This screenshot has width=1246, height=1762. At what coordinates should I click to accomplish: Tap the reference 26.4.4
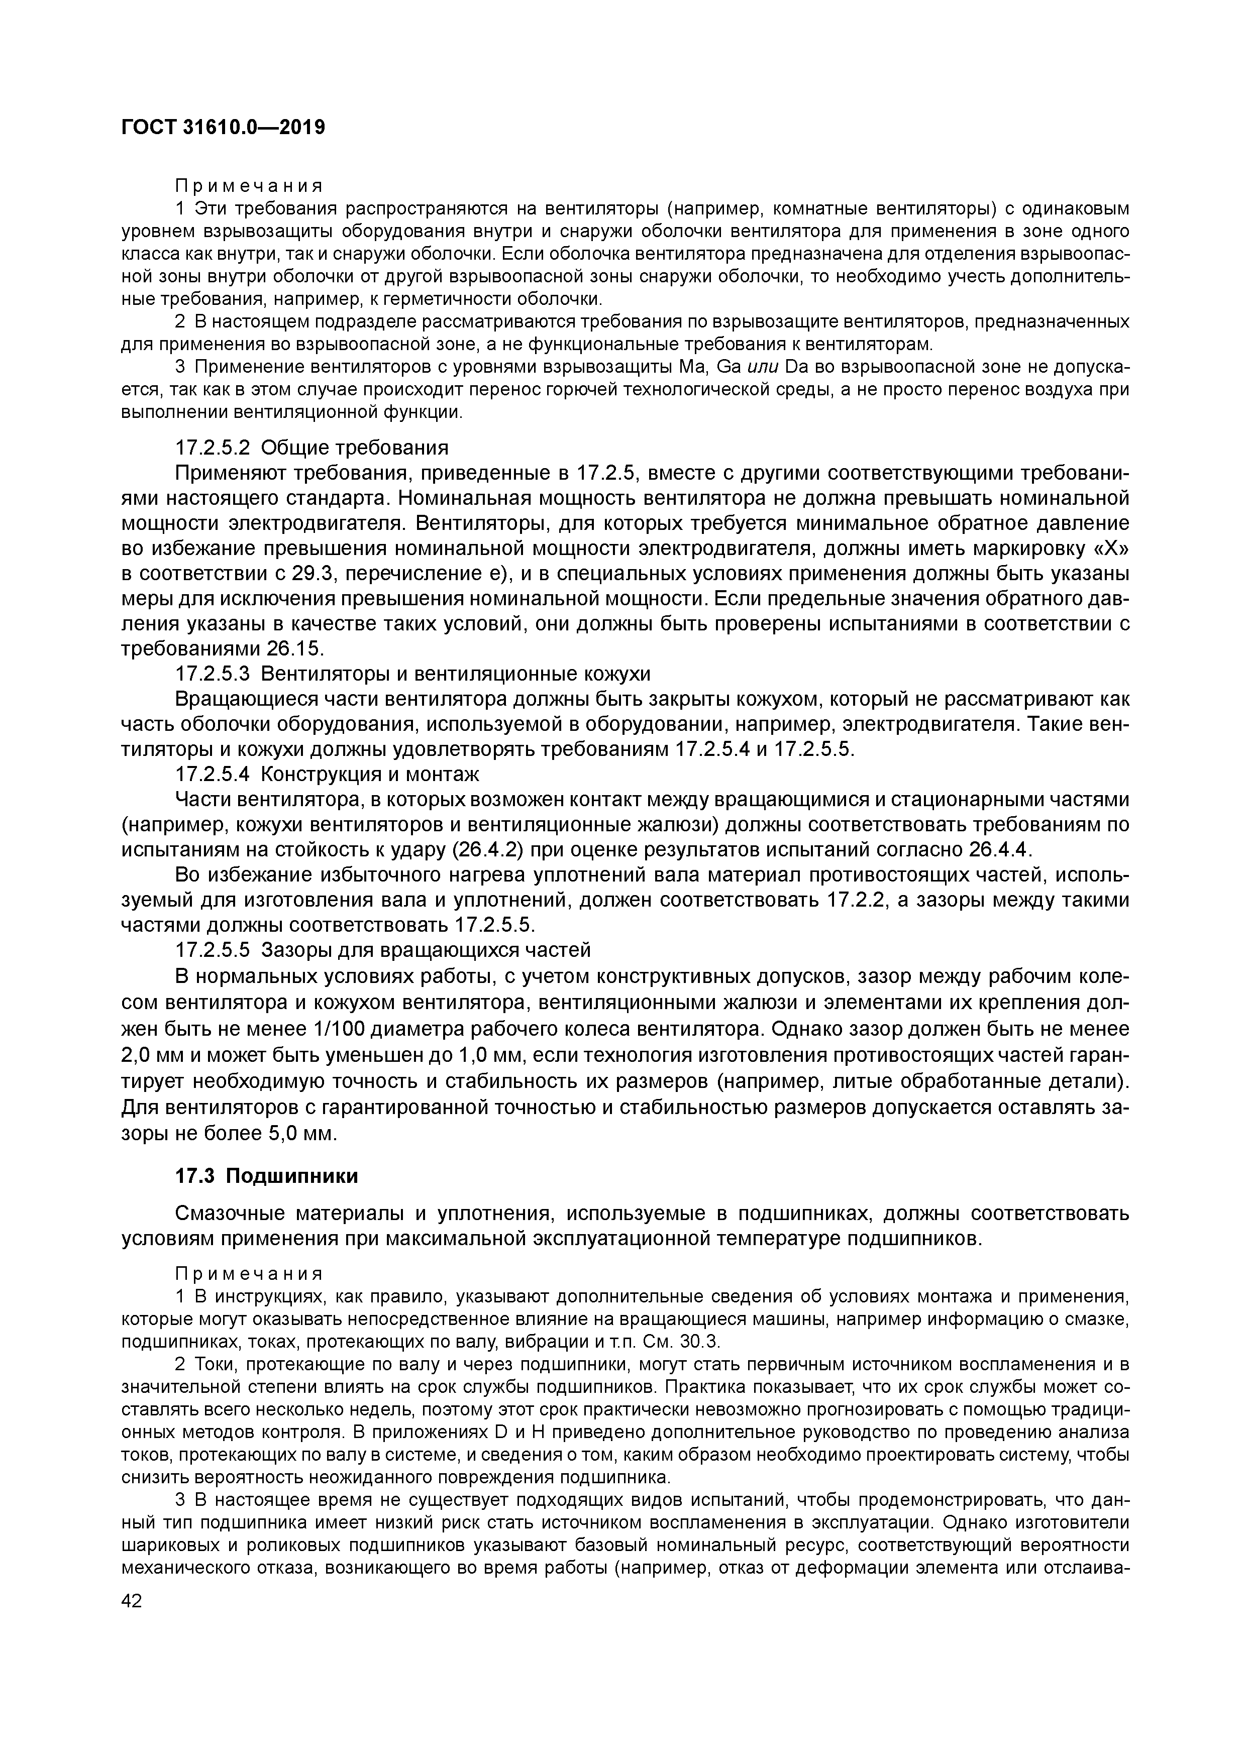(1000, 850)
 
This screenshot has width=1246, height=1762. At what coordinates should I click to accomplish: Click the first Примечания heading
(249, 186)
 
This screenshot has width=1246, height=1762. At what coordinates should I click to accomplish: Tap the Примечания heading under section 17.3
(249, 1273)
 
